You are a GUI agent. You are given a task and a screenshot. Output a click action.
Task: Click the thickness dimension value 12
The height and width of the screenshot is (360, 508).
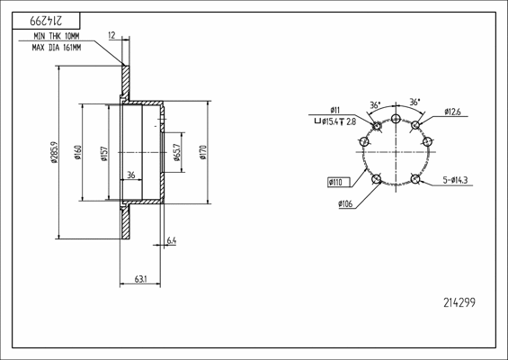pyautogui.click(x=111, y=35)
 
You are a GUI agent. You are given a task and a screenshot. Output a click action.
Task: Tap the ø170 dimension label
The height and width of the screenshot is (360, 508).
pyautogui.click(x=205, y=151)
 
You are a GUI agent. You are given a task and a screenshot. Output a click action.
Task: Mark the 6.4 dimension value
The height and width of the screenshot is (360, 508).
pyautogui.click(x=171, y=240)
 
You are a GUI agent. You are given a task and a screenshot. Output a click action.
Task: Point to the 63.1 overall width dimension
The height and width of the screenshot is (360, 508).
pyautogui.click(x=140, y=280)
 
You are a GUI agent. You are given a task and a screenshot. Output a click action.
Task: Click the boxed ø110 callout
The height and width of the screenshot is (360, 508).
pyautogui.click(x=339, y=183)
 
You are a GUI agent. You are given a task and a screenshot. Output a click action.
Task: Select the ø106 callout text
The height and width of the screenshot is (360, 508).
pyautogui.click(x=345, y=205)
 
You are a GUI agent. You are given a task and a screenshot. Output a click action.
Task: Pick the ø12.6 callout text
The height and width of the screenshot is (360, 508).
pyautogui.click(x=452, y=112)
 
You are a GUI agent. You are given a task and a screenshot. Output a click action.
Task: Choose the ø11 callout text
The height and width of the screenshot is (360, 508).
pyautogui.click(x=334, y=110)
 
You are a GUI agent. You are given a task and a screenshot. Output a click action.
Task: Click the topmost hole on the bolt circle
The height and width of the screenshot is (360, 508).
pyautogui.click(x=396, y=117)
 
